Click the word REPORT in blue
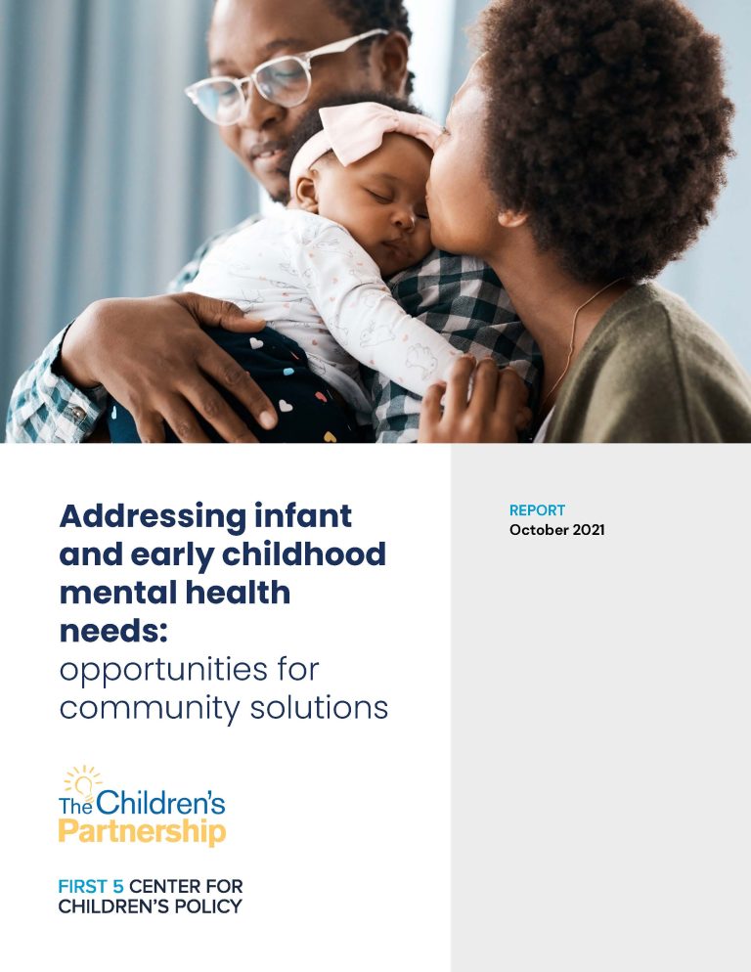[x=537, y=510]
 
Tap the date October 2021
[x=556, y=530]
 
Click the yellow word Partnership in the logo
[x=142, y=832]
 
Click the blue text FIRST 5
[x=91, y=887]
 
